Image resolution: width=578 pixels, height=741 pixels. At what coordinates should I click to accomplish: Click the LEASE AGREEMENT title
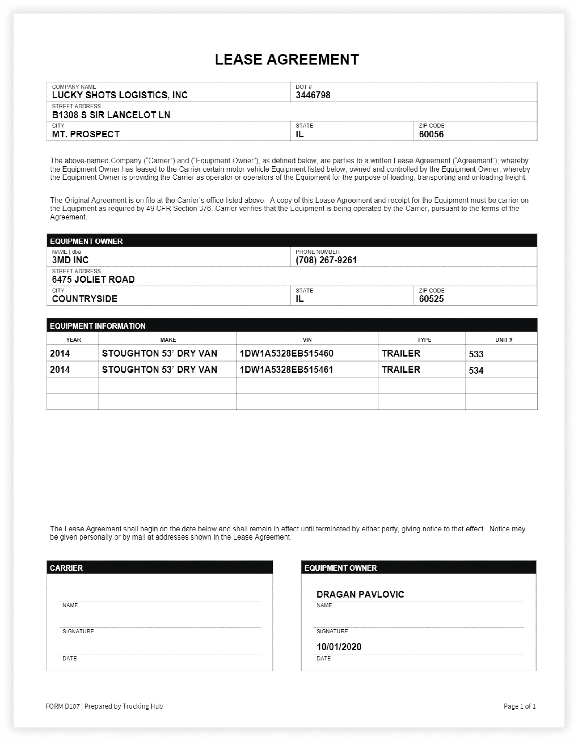(287, 60)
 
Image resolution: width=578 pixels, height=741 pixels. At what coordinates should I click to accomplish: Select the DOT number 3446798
(313, 95)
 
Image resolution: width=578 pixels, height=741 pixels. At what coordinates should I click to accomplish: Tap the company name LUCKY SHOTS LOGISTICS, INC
(120, 95)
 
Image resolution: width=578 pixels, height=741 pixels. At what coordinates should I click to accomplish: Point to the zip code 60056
(431, 134)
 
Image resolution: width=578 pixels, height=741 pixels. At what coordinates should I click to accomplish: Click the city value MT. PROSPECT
(86, 134)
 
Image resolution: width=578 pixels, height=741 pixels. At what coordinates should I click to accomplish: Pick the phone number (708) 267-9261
(326, 260)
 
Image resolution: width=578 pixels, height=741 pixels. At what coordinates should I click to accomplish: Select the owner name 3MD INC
(70, 260)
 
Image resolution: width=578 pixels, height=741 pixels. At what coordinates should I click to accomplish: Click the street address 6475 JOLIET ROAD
(93, 280)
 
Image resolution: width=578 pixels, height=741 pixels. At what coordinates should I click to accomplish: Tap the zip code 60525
(431, 299)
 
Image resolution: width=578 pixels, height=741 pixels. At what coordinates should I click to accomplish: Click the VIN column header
(307, 340)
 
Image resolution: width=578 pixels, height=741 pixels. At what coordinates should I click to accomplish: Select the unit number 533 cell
(476, 354)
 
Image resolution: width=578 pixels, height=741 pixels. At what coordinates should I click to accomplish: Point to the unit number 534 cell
(476, 370)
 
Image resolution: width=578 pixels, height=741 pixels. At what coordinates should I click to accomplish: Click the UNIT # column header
(504, 340)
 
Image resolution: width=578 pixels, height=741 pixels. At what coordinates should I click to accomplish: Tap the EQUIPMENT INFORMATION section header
(98, 326)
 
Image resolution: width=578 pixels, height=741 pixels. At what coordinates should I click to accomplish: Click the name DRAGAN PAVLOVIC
(360, 595)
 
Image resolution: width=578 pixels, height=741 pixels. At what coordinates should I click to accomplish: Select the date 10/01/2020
(339, 647)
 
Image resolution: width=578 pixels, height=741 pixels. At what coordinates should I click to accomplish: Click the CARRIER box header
(66, 568)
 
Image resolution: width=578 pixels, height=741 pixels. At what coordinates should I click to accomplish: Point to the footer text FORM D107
(63, 706)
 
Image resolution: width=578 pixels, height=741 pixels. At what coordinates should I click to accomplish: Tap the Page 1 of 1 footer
(519, 706)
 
